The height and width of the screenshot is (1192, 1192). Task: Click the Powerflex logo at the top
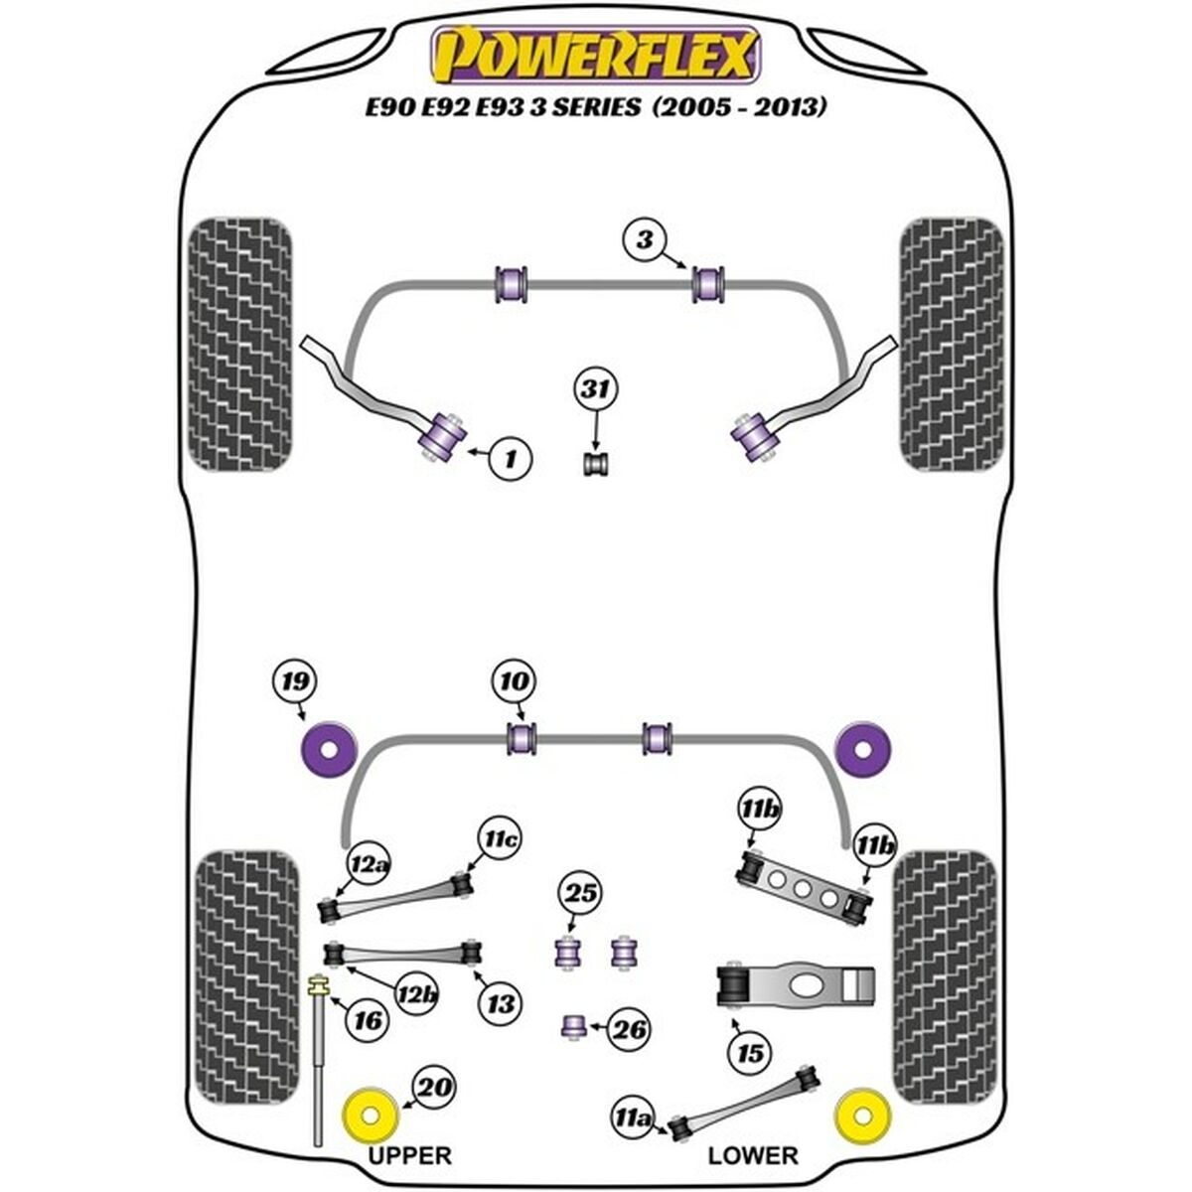pyautogui.click(x=594, y=55)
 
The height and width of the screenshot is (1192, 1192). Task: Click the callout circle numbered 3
pyautogui.click(x=646, y=239)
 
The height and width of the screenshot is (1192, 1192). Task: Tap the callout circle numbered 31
pyautogui.click(x=594, y=391)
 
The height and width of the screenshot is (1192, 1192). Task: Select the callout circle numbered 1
pyautogui.click(x=511, y=459)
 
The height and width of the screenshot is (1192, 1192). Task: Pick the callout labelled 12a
pyautogui.click(x=368, y=865)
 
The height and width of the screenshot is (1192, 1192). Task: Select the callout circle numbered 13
pyautogui.click(x=500, y=1003)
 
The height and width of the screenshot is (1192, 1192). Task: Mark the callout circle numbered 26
pyautogui.click(x=627, y=1030)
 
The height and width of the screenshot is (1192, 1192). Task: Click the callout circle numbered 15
pyautogui.click(x=750, y=1052)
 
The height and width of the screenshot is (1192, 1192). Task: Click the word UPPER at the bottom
pyautogui.click(x=408, y=1155)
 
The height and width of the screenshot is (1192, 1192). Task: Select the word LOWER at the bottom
pyautogui.click(x=753, y=1155)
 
